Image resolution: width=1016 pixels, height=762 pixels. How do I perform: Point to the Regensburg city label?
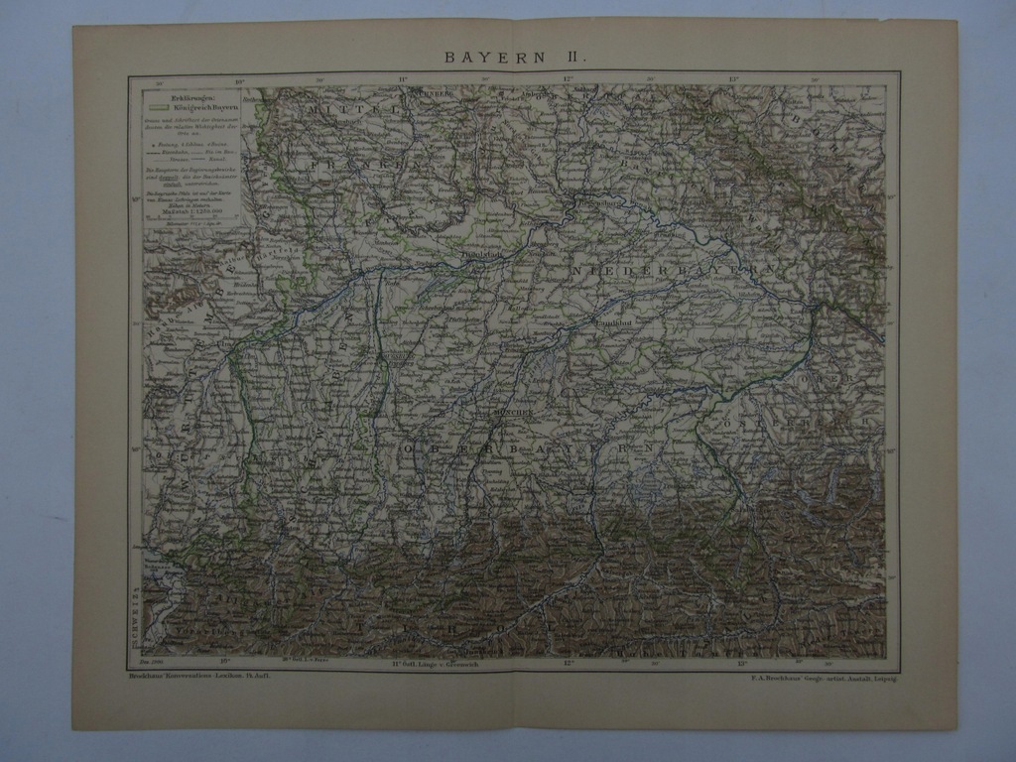coord(591,202)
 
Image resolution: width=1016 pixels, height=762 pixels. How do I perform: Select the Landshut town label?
coord(612,322)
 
